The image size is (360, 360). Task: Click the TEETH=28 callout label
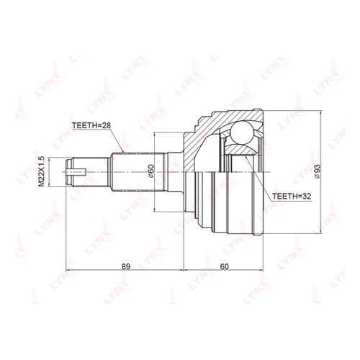pos(91,125)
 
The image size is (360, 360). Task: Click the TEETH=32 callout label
pos(292,197)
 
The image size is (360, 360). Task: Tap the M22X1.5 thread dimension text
pos(41,171)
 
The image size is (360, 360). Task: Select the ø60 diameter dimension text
pos(150,171)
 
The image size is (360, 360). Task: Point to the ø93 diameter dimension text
pos(318,171)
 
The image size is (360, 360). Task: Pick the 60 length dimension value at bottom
pos(224,266)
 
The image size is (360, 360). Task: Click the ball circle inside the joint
pos(242,132)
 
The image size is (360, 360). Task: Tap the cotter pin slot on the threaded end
pos(76,171)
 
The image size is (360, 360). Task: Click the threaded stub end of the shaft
pos(86,171)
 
